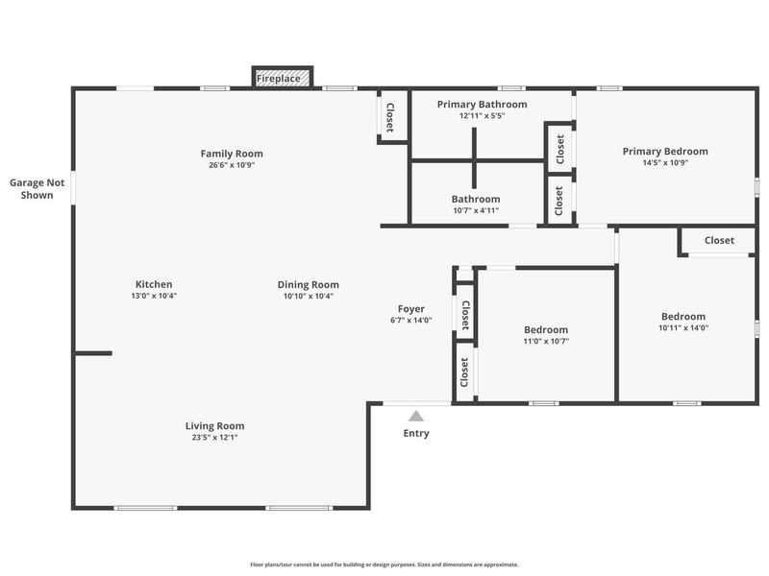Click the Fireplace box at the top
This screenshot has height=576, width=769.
click(284, 78)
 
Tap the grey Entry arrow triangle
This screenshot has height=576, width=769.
click(416, 416)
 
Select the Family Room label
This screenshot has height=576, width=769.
click(232, 154)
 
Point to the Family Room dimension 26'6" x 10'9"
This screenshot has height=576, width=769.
click(232, 165)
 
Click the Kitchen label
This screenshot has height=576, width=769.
click(154, 284)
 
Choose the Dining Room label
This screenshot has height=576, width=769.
click(309, 284)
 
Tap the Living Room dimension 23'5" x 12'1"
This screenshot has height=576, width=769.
click(215, 438)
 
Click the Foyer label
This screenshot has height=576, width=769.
click(411, 309)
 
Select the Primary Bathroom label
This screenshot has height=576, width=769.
click(482, 104)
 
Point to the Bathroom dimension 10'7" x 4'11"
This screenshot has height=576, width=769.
click(477, 211)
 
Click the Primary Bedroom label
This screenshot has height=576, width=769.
click(665, 151)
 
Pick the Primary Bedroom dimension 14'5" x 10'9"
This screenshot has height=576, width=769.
click(665, 162)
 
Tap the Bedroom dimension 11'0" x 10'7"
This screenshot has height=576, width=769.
click(546, 341)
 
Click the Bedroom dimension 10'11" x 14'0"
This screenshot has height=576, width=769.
click(683, 328)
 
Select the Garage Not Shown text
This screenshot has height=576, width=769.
click(37, 188)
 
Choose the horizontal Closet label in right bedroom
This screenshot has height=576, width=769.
click(719, 241)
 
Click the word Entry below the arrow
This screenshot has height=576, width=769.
click(416, 434)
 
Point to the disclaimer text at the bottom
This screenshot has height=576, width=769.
click(384, 564)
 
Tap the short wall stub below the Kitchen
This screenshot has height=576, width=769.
click(93, 353)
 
